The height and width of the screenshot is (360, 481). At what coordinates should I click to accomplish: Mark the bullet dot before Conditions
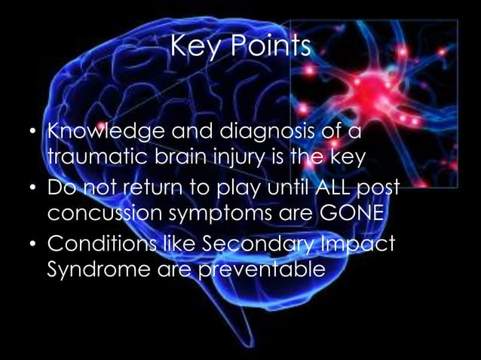(x=32, y=245)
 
